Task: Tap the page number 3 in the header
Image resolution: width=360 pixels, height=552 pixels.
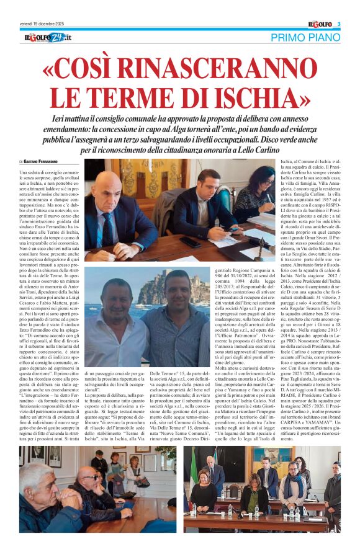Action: tap(339, 24)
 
